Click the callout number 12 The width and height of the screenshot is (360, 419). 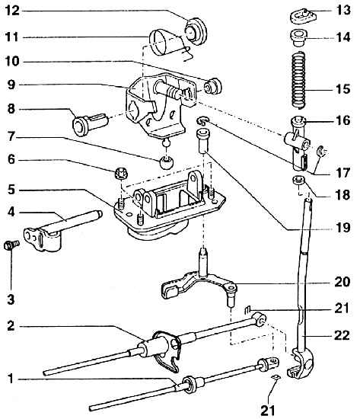point(12,11)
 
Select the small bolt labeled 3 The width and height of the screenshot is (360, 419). point(11,245)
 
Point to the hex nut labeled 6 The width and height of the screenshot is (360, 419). point(121,174)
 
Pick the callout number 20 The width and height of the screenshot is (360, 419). point(342,282)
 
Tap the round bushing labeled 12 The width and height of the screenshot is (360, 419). point(196,30)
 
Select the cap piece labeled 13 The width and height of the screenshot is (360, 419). point(304,16)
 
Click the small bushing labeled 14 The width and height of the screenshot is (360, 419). point(299,39)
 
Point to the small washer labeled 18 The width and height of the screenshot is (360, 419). point(299,180)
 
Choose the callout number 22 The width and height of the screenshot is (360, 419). point(342,335)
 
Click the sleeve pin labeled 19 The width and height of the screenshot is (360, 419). point(203,140)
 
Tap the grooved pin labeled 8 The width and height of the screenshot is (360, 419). point(91,124)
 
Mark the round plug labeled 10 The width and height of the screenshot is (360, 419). point(213,86)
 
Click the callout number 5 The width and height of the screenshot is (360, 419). point(11,190)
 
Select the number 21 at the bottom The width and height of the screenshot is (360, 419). point(267,410)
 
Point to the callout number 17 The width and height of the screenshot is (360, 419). point(342,173)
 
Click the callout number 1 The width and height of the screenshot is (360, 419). point(11,379)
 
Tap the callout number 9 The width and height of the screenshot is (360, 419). point(11,85)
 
